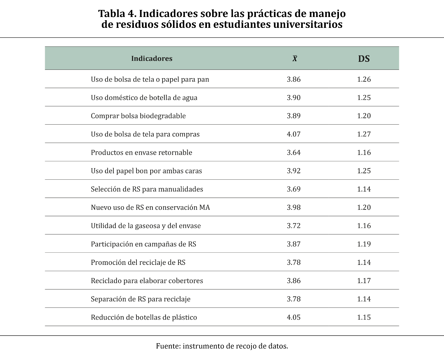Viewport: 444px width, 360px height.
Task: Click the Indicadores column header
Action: (x=152, y=59)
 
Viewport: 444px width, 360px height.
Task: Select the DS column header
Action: (x=364, y=59)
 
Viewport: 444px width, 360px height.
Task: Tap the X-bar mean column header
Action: (x=294, y=59)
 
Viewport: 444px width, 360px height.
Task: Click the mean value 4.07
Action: (x=293, y=134)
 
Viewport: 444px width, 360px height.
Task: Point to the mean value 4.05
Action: (x=293, y=317)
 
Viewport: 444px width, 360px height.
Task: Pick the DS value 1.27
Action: (x=364, y=134)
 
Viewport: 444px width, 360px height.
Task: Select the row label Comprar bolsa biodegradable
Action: (x=138, y=116)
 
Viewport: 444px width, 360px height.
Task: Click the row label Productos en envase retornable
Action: (x=141, y=152)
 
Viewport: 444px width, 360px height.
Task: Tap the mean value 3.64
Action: (x=293, y=152)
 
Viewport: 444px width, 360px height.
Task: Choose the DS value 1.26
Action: (x=364, y=79)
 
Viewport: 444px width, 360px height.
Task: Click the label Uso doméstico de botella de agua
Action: (x=144, y=98)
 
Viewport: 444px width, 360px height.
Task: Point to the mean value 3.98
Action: (x=293, y=208)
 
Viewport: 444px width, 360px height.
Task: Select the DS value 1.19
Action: (x=364, y=244)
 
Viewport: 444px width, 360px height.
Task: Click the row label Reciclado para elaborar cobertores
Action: (x=147, y=281)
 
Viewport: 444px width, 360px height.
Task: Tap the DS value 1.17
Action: (x=364, y=281)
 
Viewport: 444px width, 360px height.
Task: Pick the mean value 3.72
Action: (x=293, y=226)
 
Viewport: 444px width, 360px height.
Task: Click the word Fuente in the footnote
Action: (x=168, y=346)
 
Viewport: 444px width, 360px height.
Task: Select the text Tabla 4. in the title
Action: (x=117, y=14)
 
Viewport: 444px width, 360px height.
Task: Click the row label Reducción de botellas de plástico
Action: (x=144, y=317)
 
